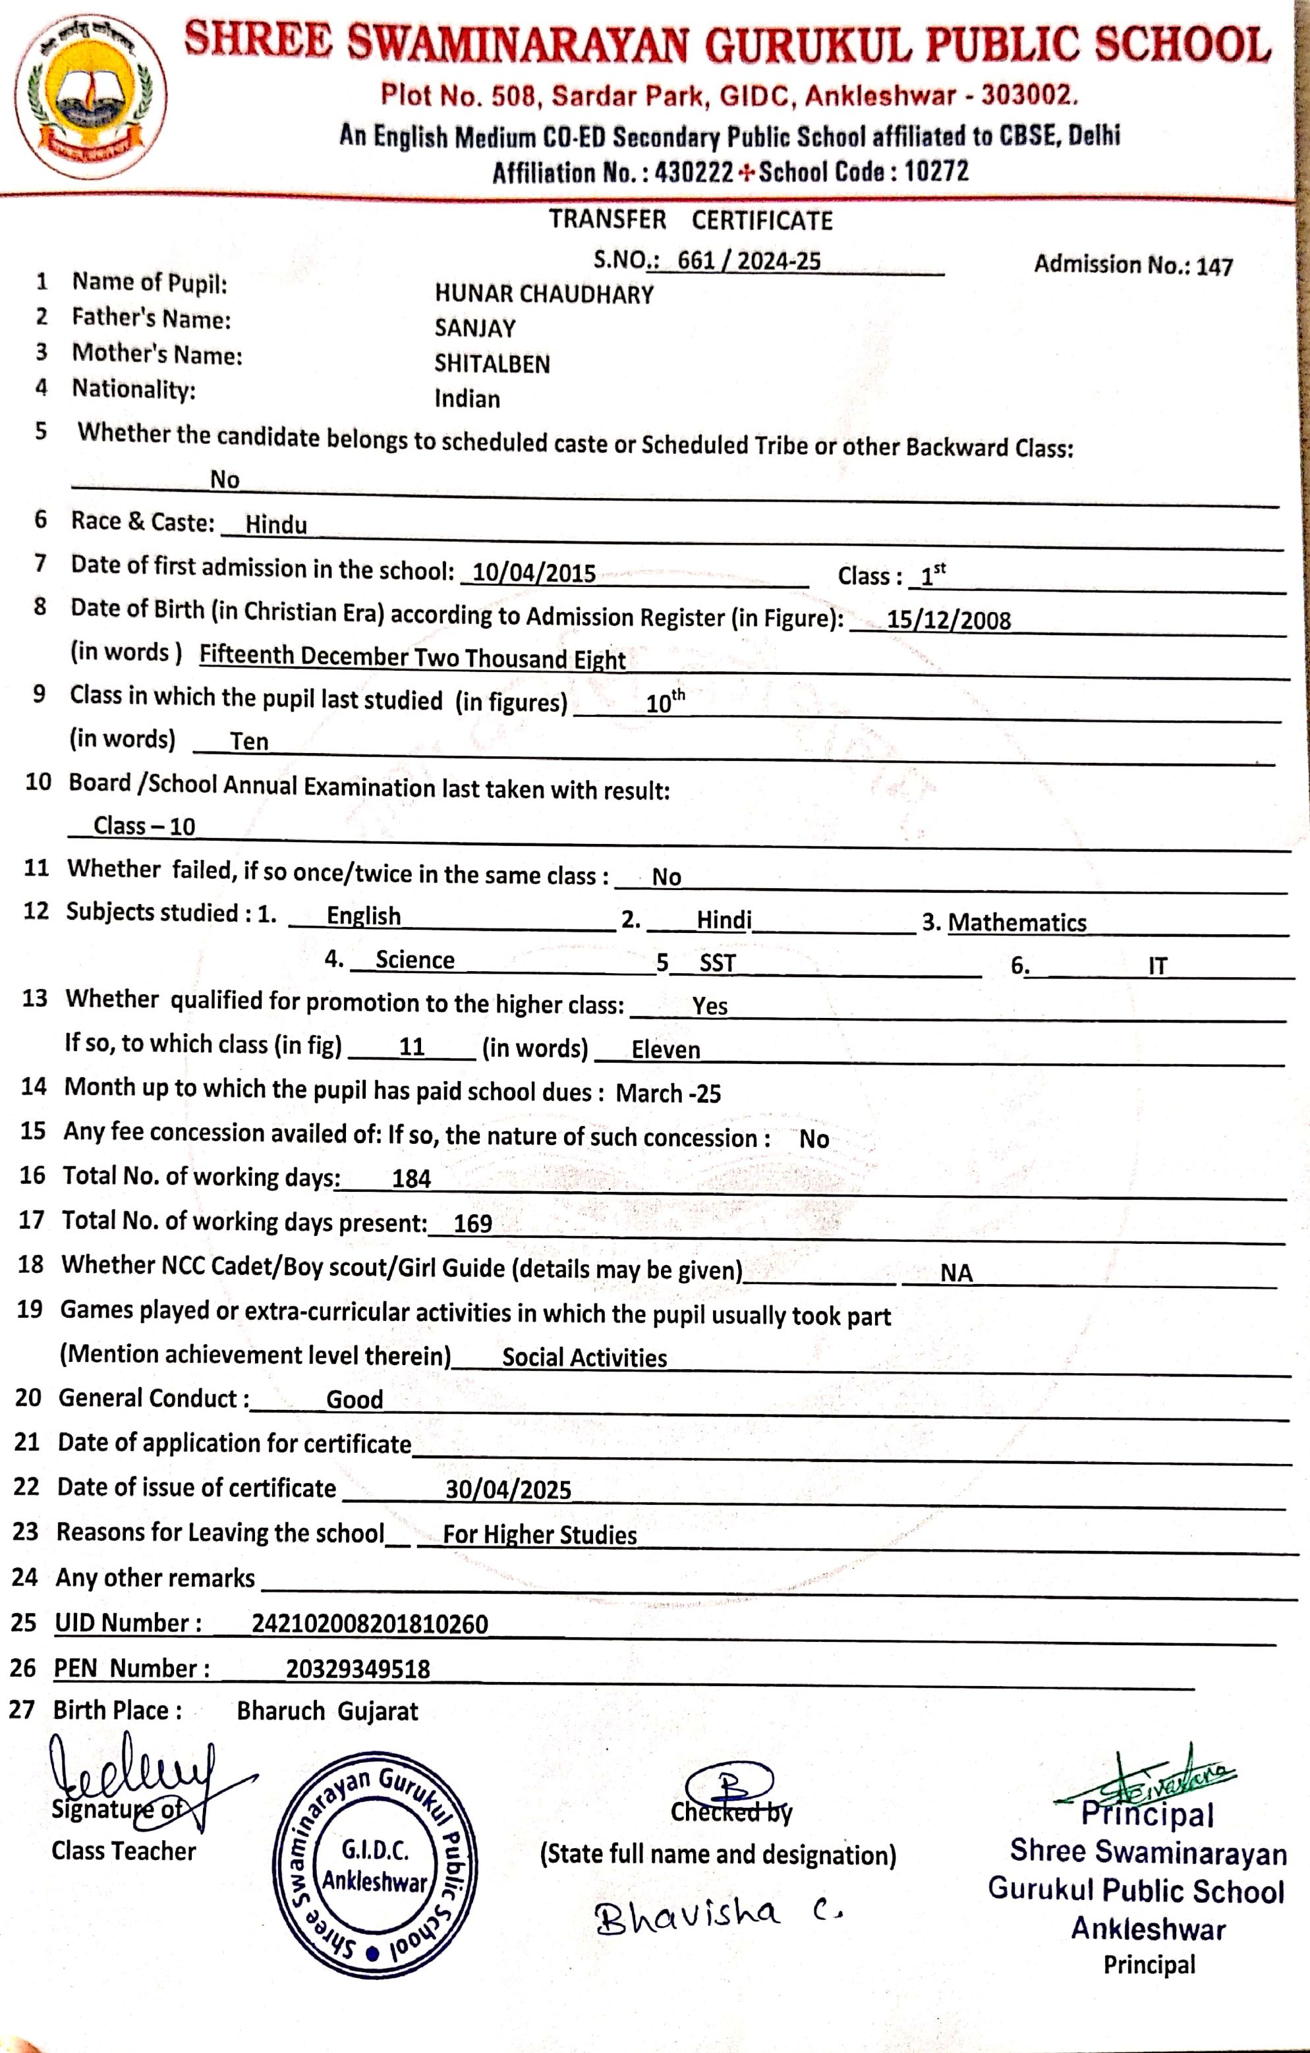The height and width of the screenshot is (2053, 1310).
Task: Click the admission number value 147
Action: coord(1214,267)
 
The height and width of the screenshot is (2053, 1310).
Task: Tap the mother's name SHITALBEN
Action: coord(492,364)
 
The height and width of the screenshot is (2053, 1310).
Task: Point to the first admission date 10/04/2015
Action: coord(534,573)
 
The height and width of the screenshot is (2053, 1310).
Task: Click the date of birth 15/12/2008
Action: coord(948,620)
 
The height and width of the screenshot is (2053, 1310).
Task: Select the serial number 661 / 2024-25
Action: coord(749,261)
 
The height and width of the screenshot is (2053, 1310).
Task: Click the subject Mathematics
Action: coord(1017,922)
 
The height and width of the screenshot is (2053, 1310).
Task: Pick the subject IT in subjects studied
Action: coord(1156,966)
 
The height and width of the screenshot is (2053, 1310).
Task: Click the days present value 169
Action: coord(472,1223)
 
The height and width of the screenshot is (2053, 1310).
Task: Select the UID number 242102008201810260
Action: coord(369,1623)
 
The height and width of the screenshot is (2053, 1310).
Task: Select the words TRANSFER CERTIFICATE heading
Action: coord(690,220)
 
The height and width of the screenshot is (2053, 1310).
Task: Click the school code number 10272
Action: coord(936,171)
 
